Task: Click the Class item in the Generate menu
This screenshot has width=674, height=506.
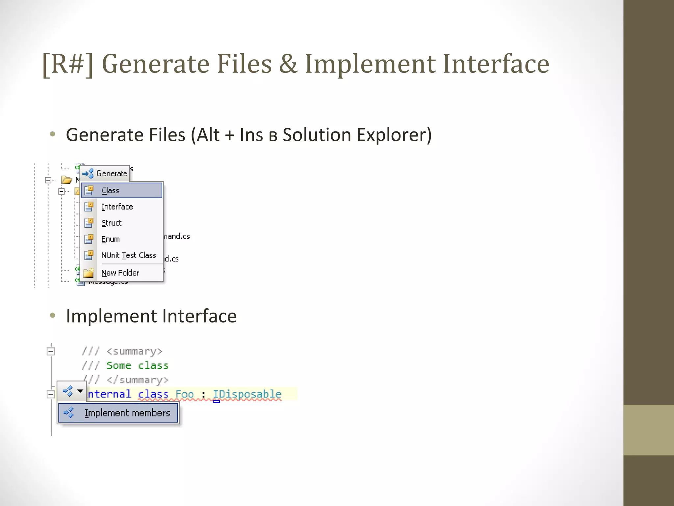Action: point(110,190)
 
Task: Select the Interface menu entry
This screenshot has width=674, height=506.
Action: point(117,207)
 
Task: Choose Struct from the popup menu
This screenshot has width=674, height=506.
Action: point(112,223)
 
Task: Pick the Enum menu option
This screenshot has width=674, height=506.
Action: point(111,239)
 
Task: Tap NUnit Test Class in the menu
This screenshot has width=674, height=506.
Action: point(129,255)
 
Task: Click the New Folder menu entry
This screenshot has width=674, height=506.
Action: point(120,273)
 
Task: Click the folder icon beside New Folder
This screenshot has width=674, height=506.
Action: point(89,273)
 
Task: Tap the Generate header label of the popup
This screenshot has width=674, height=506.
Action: point(112,173)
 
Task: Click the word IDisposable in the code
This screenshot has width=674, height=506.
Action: point(247,394)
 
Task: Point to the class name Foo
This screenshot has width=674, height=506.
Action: point(185,394)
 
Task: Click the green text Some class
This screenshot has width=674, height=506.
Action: point(138,365)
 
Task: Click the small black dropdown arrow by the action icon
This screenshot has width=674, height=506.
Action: point(80,391)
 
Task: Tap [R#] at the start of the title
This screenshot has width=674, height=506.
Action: point(68,64)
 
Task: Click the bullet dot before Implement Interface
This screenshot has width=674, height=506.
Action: point(52,316)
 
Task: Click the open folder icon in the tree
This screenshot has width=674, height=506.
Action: point(66,180)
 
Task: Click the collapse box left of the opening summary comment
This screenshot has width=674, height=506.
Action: point(50,351)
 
